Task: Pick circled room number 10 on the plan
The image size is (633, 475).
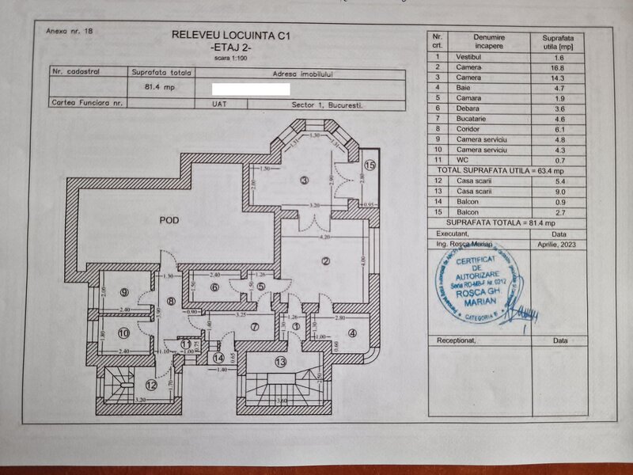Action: click(x=124, y=332)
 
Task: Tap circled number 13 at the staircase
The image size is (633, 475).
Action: click(x=279, y=362)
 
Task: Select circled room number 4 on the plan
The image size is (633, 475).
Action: click(x=351, y=332)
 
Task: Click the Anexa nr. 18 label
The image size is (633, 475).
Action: click(x=70, y=32)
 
